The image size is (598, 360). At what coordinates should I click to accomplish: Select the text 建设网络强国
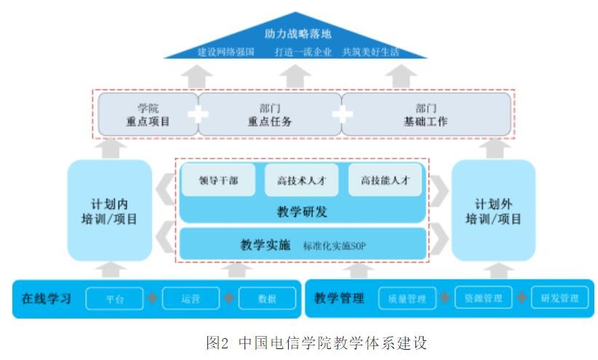click(x=226, y=52)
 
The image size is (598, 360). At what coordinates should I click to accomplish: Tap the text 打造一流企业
click(x=303, y=52)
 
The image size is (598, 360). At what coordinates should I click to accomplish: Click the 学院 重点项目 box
click(x=148, y=115)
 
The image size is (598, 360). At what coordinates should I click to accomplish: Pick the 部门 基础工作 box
click(x=426, y=115)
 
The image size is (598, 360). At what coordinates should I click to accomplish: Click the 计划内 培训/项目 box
click(x=110, y=211)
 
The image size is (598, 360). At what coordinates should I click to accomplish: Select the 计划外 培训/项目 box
click(x=493, y=211)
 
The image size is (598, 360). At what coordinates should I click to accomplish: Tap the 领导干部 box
click(x=219, y=181)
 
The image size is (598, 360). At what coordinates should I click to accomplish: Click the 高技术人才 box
click(x=301, y=181)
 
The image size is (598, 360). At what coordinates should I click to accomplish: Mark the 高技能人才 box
click(x=384, y=181)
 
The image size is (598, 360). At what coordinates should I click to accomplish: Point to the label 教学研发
click(x=301, y=212)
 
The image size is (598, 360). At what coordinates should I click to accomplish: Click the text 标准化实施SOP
click(x=335, y=246)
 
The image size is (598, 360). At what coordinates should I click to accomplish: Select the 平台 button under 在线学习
click(x=115, y=299)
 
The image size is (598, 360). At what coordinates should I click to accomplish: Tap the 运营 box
click(x=191, y=299)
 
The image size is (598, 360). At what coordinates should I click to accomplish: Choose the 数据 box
click(x=267, y=299)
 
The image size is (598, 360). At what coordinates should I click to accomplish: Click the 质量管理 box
click(x=406, y=299)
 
